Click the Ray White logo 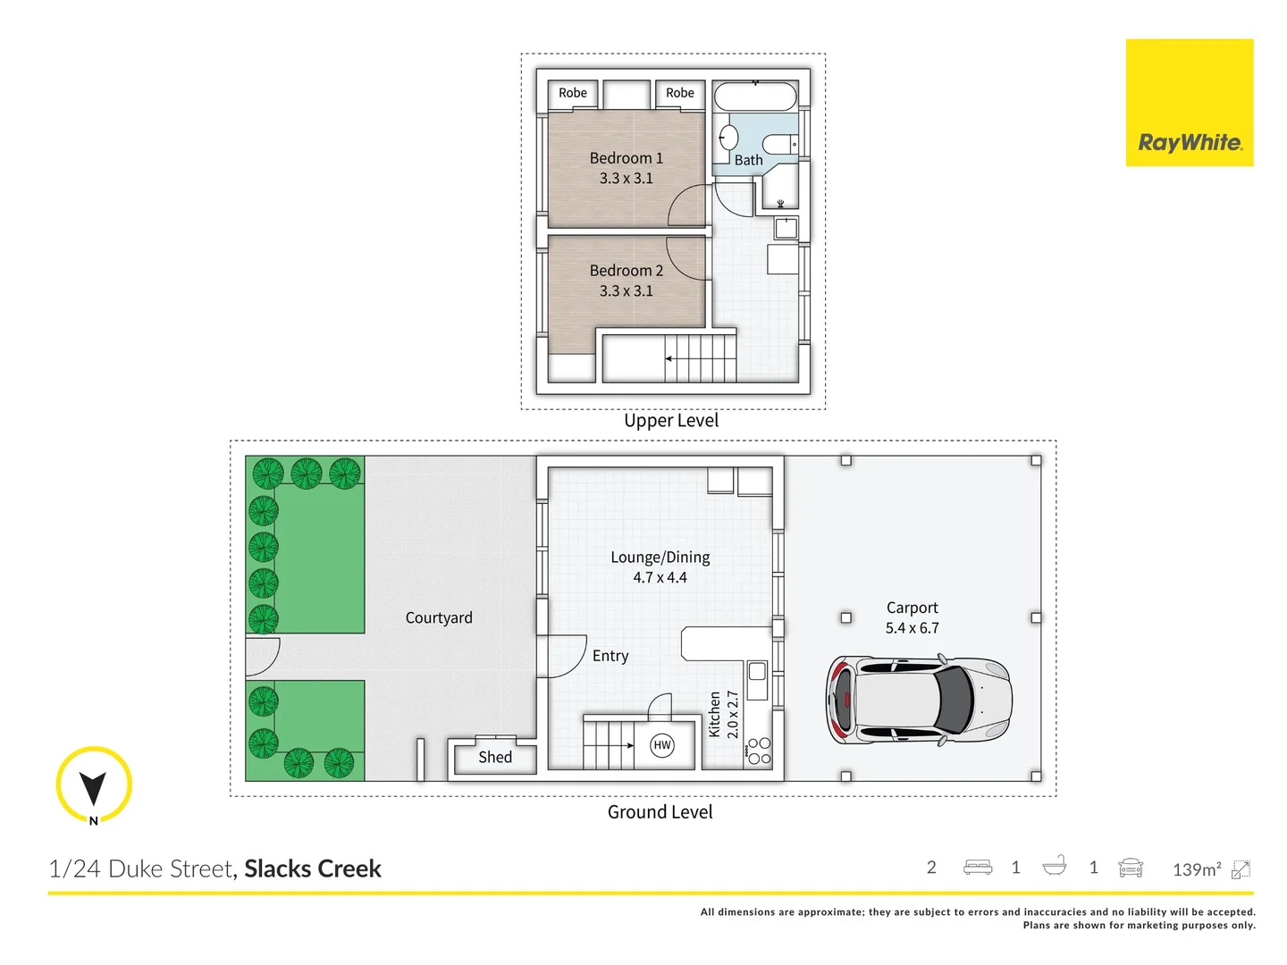1189,103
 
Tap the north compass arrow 93,787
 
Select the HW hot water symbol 662,745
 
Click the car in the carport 919,700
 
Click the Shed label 495,757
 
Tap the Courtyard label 439,617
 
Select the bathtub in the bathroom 755,96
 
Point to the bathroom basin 728,138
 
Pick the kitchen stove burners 760,751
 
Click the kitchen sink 757,671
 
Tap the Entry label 610,656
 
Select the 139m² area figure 1197,869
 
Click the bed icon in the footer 978,868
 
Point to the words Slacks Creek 313,868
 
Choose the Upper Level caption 671,421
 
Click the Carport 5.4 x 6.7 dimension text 912,628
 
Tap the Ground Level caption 660,812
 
